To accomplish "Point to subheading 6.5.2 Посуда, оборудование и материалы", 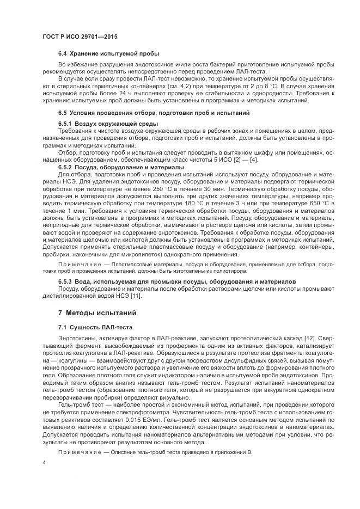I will [121, 167].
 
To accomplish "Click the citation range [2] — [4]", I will [248, 160].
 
